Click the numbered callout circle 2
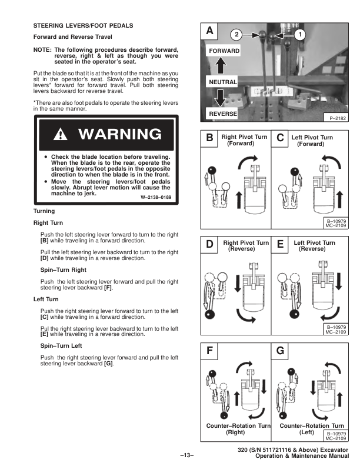coord(235,34)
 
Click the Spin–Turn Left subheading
coord(66,348)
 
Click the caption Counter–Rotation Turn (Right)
coord(238,428)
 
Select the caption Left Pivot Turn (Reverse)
coord(312,246)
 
